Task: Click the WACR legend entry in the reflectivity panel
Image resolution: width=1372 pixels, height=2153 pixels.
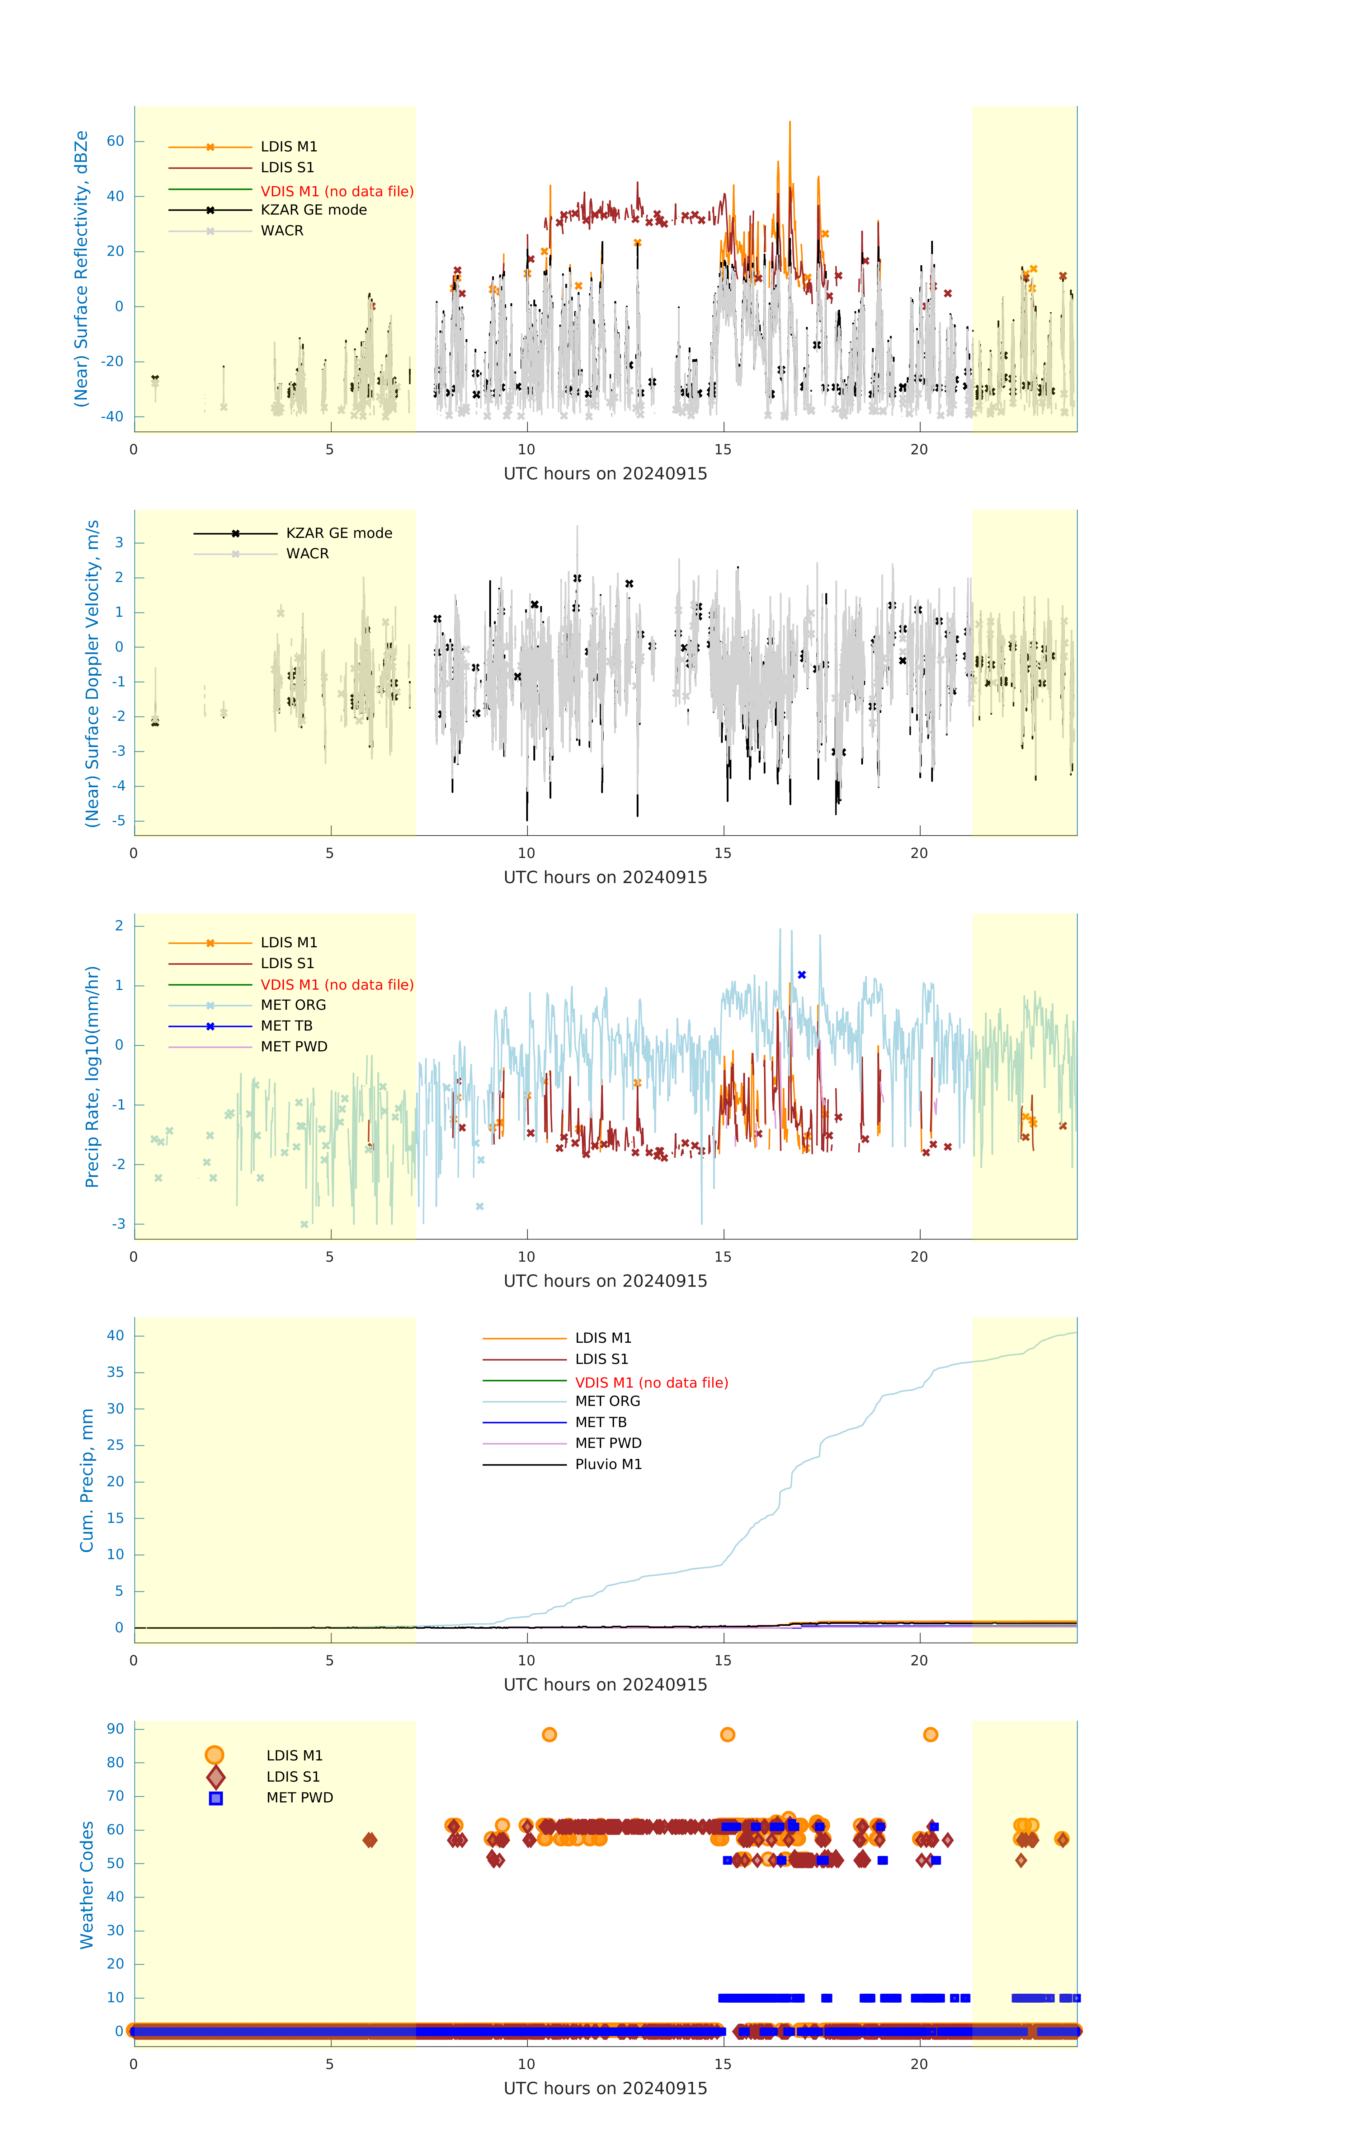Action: tap(282, 231)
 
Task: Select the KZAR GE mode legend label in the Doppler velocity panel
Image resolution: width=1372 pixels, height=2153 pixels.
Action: tap(339, 533)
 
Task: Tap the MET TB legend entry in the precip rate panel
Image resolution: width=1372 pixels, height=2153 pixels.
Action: tap(286, 1026)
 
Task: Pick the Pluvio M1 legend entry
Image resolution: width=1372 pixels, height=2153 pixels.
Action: tap(608, 1464)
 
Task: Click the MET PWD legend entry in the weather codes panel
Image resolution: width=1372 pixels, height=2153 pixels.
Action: tap(300, 1797)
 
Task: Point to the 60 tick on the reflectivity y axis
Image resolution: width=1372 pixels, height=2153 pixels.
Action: tap(115, 140)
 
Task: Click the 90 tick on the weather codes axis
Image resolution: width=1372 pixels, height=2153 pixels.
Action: tap(115, 1728)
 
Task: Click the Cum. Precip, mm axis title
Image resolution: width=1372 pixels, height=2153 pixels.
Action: tap(87, 1480)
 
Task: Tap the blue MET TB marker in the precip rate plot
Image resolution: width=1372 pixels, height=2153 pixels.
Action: tap(802, 975)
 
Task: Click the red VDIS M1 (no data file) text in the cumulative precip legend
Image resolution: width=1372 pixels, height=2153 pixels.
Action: tap(652, 1382)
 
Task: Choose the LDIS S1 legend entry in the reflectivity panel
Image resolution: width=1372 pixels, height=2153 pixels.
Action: tap(287, 167)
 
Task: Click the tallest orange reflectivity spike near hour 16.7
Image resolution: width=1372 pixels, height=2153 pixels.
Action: tap(789, 123)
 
